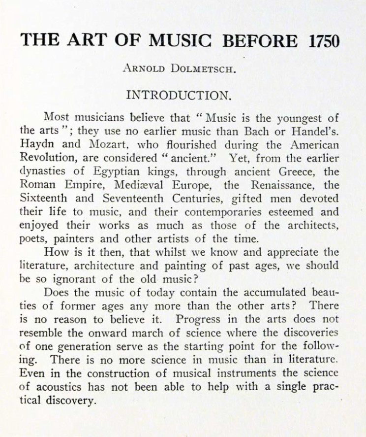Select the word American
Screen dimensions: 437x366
click(314, 145)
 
